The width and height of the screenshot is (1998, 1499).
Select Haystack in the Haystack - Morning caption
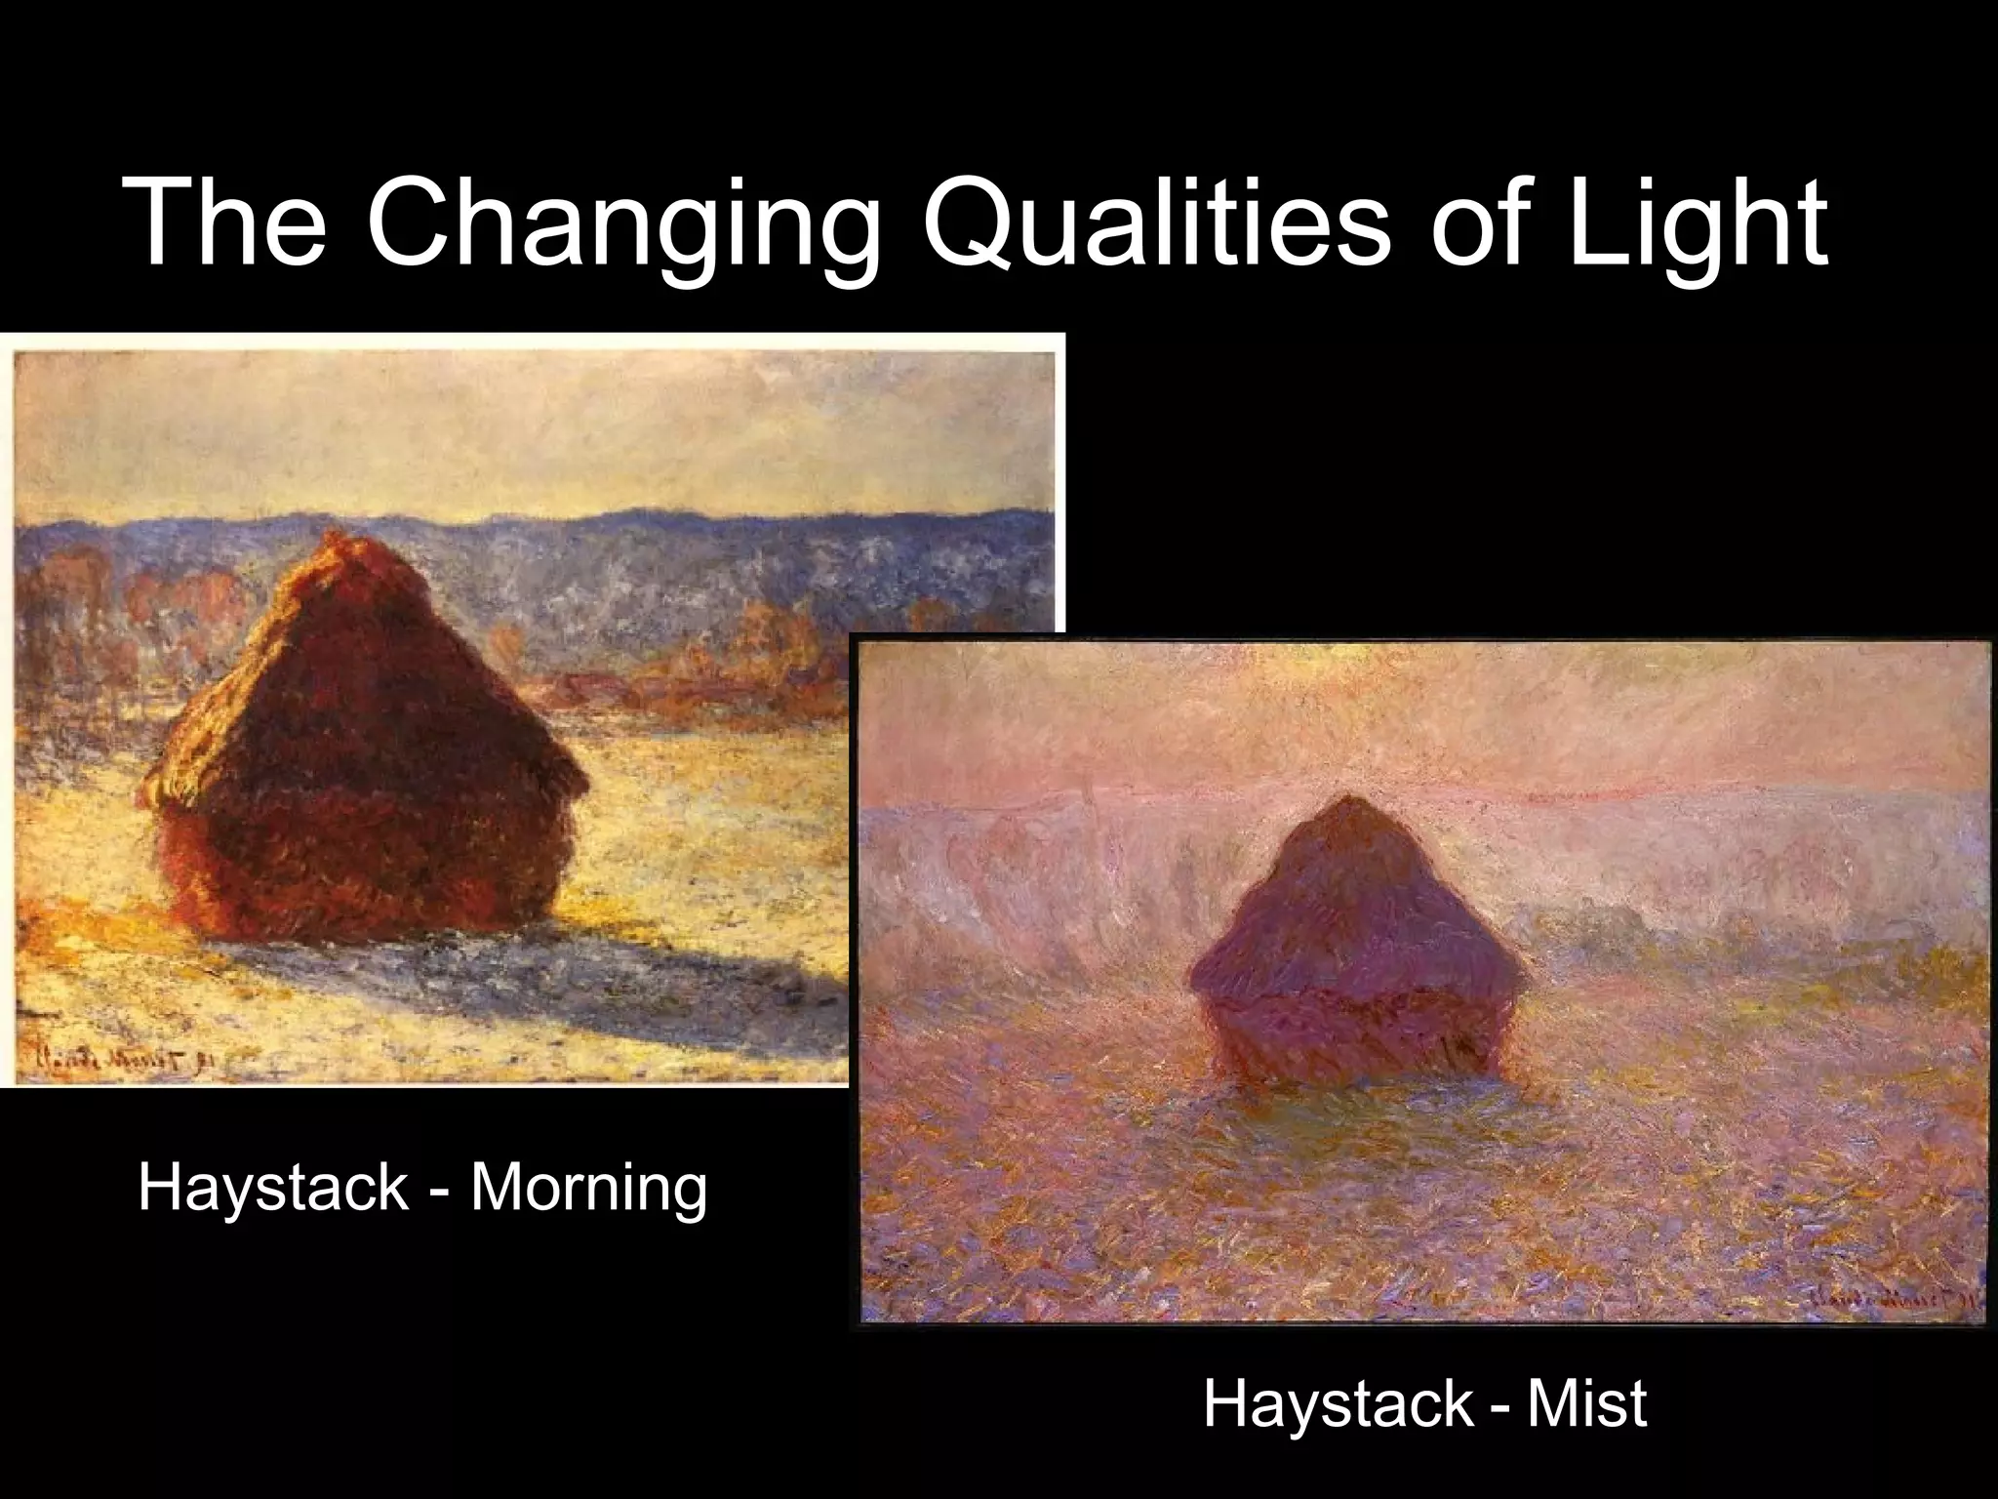pos(272,1188)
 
